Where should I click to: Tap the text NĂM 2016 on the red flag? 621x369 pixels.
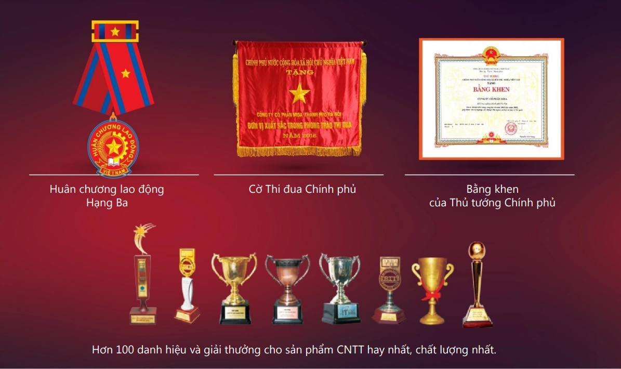point(299,135)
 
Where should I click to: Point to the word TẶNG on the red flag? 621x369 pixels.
point(300,72)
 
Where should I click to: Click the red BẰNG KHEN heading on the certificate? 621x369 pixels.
point(491,89)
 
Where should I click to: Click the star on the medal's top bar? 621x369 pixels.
point(115,32)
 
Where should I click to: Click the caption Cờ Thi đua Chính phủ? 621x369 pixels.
point(302,189)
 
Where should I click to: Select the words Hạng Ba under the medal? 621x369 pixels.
point(107,203)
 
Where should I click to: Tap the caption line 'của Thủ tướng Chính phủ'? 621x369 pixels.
point(492,203)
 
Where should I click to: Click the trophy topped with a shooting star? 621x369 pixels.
point(142,275)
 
